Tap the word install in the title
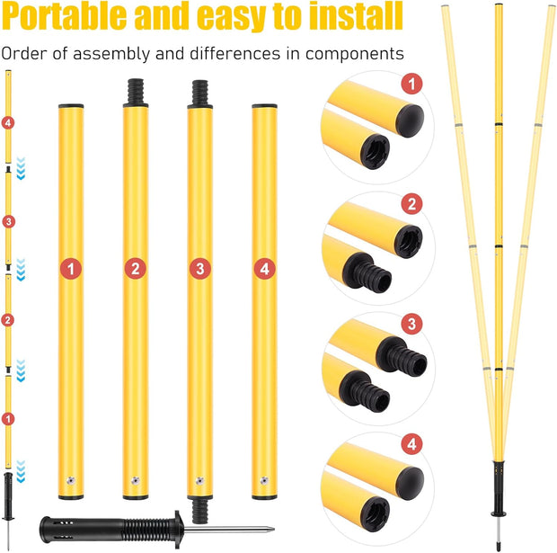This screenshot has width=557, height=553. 346,17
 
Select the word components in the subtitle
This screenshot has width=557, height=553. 351,54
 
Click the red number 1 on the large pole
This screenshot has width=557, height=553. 71,267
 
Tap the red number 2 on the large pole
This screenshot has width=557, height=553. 136,267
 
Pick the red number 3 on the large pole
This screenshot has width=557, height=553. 200,267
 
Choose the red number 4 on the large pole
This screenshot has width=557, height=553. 264,267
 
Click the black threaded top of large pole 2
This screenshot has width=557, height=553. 136,92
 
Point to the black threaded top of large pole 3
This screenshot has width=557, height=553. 200,94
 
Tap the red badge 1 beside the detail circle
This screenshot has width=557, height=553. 411,85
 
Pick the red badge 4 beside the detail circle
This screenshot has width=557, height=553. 411,443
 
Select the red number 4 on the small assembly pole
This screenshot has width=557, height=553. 8,121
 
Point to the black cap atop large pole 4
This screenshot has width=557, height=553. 264,106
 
